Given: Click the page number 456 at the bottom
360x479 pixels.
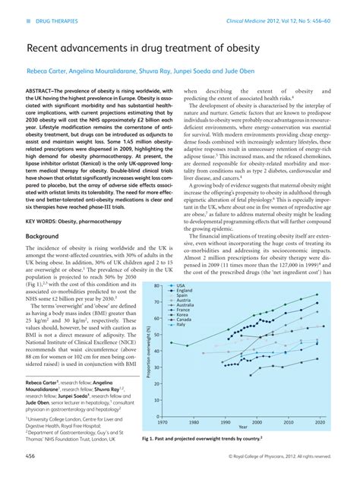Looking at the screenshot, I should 32,455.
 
